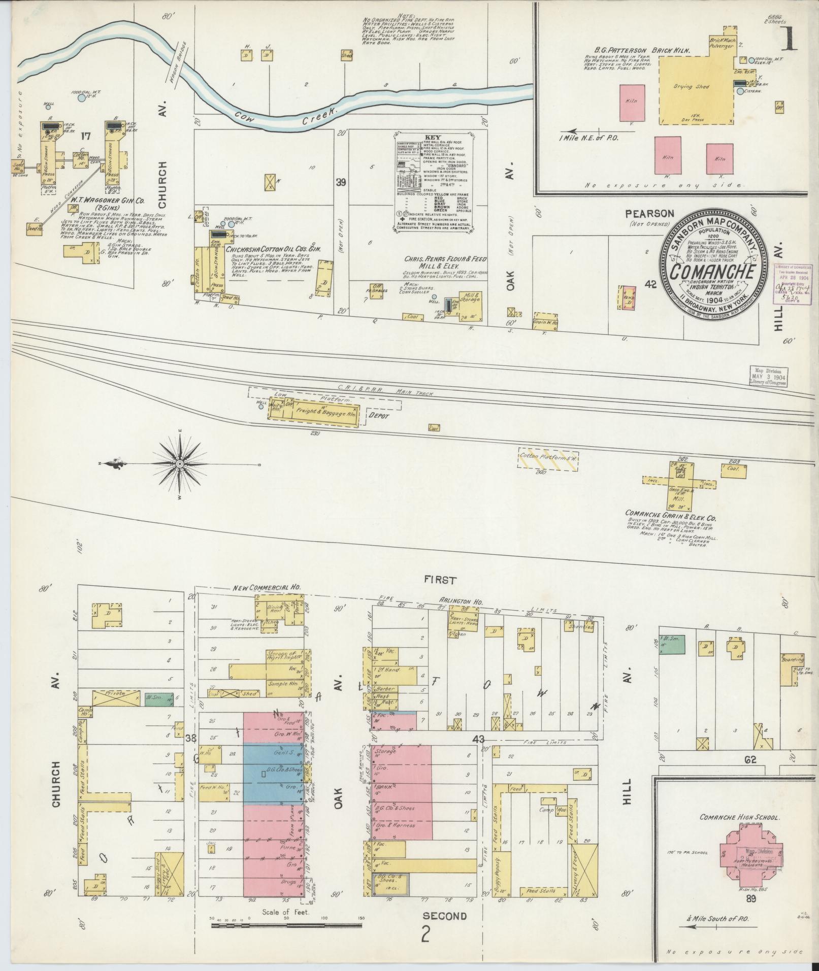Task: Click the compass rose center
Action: point(180,464)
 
